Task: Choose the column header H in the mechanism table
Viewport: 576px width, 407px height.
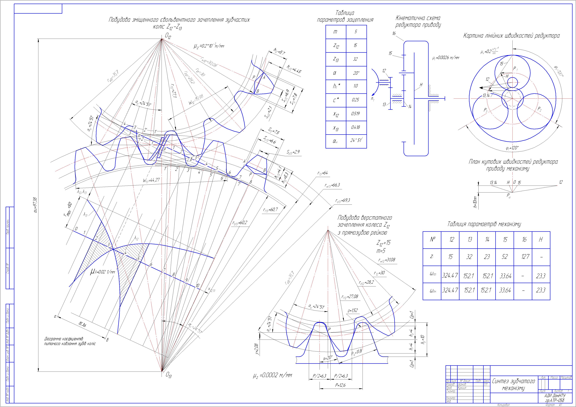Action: click(x=541, y=240)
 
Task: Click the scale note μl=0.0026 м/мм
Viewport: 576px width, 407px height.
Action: click(x=445, y=57)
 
